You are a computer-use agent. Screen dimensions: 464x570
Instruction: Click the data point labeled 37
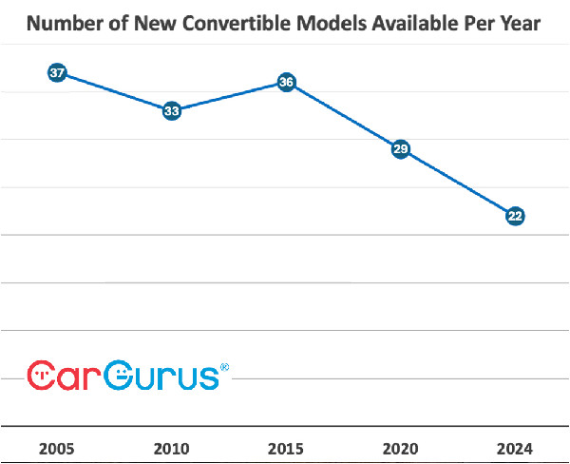point(57,73)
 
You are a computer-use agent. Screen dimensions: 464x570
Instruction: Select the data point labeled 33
point(172,111)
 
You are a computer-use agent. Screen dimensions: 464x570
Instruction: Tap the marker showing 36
point(286,83)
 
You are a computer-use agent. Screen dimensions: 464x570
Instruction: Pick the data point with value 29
point(401,149)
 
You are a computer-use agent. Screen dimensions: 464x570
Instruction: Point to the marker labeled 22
point(515,216)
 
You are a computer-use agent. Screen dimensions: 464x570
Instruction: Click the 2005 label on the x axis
point(57,448)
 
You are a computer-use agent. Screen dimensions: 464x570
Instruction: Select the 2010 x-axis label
point(172,448)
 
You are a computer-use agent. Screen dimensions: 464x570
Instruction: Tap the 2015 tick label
point(286,448)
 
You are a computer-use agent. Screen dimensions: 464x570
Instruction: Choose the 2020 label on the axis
point(401,448)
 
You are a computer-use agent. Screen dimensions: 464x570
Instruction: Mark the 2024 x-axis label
point(515,448)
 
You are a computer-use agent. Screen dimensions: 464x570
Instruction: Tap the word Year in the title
point(519,24)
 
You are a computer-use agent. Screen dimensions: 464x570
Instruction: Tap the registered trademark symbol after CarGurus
point(224,366)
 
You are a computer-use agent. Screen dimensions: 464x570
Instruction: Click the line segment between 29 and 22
point(458,183)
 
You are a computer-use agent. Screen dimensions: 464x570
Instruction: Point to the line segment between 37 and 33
point(114,92)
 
